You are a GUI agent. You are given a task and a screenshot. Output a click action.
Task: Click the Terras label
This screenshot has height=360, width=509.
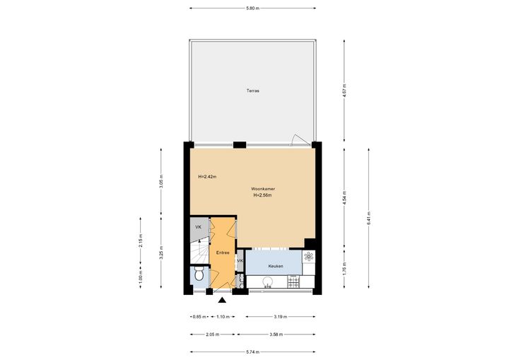pos(253,91)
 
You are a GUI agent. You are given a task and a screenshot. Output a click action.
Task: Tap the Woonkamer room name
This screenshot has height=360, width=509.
pos(263,189)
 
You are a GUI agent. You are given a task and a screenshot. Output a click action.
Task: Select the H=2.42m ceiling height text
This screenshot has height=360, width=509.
pos(207,177)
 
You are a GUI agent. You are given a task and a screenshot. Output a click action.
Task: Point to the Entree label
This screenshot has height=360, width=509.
pos(223,252)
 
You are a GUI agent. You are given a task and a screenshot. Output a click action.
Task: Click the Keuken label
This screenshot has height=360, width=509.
pos(276,266)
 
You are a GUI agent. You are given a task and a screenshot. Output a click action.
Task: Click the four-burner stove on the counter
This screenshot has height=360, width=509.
pos(293,281)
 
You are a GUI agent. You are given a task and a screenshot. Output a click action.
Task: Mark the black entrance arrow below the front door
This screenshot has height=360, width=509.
pos(222,300)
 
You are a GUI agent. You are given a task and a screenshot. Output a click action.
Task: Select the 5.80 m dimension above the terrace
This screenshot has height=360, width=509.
pos(253,8)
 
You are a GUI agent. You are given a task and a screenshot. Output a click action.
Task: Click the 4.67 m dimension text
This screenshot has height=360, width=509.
pos(344,91)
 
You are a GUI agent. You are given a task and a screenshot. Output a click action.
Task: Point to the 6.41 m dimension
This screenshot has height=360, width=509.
pos(369,218)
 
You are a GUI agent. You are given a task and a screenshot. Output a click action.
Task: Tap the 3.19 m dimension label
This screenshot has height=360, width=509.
pos(281,316)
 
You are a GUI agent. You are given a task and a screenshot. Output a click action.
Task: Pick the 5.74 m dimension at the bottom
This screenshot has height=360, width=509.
pos(253,352)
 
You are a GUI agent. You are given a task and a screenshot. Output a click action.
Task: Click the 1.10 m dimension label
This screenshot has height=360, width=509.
pos(223,316)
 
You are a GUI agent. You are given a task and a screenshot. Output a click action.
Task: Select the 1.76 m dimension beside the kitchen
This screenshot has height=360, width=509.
pos(344,269)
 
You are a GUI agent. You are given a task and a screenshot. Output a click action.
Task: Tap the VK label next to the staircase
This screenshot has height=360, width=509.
pos(199,227)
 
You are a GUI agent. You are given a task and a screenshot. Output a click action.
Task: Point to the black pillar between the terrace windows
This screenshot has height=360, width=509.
pos(240,145)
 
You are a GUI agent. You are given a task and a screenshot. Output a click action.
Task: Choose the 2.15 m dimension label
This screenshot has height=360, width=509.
pos(141,240)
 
